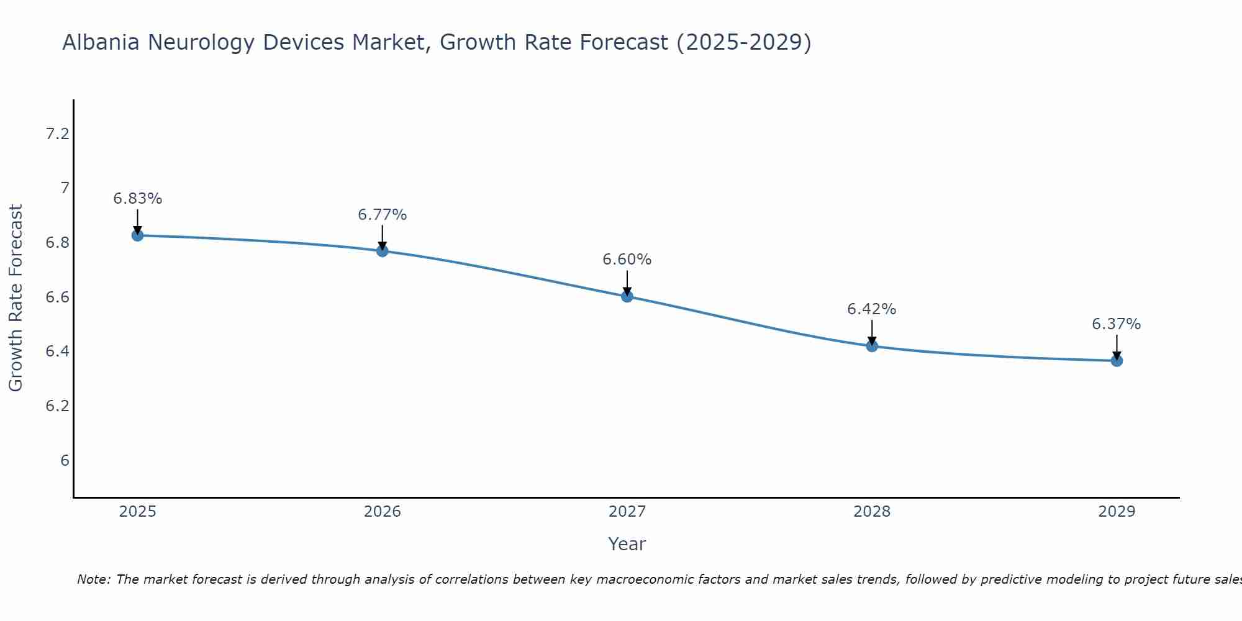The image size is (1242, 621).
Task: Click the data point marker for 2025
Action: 137,235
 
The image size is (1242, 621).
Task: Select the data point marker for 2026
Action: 382,251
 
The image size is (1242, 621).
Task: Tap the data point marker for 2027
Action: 627,296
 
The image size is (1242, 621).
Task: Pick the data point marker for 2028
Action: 872,346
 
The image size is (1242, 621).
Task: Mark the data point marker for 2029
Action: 1117,361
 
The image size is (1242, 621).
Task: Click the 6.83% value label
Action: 137,199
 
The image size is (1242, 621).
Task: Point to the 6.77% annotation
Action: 382,215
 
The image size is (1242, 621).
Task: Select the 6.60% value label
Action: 627,260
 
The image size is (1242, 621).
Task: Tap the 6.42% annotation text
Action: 872,309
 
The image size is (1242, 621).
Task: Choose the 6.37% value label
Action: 1117,324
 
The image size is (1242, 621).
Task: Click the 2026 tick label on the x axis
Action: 382,512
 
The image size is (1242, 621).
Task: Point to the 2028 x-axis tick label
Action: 872,512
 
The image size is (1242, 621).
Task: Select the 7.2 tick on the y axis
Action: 57,134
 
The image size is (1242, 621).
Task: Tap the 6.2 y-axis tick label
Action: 57,406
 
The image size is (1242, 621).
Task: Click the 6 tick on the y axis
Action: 65,461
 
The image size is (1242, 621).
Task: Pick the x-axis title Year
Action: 627,544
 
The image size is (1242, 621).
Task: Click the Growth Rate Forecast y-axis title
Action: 16,298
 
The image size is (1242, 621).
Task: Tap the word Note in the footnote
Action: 93,579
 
